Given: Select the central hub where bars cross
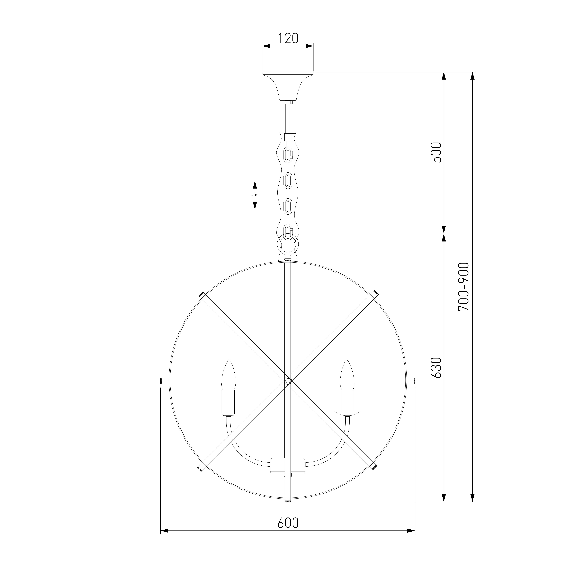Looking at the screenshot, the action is [x=288, y=381].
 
